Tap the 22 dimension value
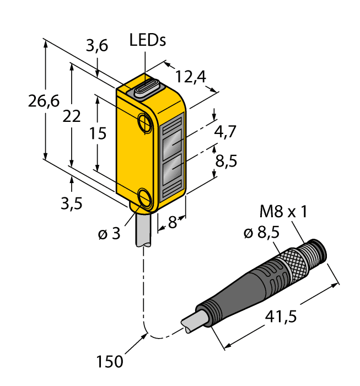72,117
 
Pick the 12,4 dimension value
190,77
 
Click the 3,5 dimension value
71,203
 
